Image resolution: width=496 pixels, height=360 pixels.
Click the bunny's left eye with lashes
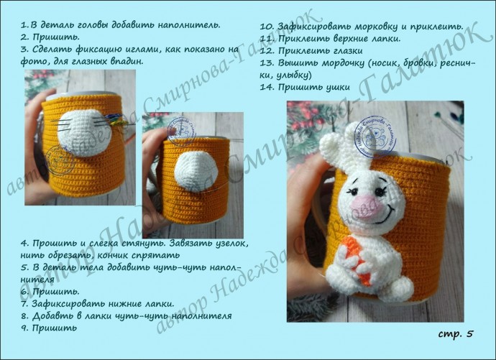[353, 191]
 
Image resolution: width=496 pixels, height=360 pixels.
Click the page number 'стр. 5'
[456, 333]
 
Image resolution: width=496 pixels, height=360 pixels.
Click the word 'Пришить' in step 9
[55, 328]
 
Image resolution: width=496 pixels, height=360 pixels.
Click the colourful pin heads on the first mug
[117, 120]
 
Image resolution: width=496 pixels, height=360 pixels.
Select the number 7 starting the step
[24, 304]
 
